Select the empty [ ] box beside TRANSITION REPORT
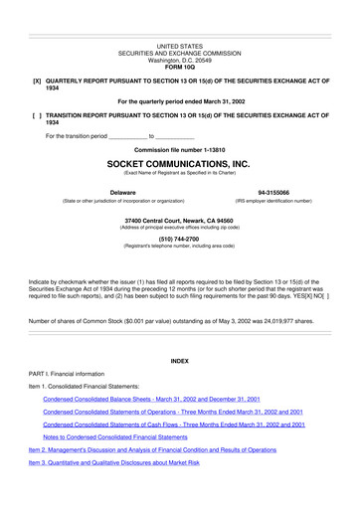point(37,116)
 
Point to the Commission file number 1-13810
point(179,148)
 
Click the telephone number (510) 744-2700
point(179,238)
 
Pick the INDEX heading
point(179,359)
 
